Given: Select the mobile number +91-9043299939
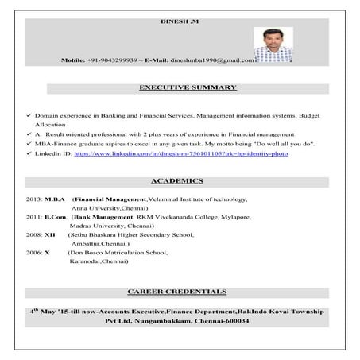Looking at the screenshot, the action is pyautogui.click(x=114, y=60).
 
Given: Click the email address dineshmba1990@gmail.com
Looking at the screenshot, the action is pyautogui.click(x=217, y=60).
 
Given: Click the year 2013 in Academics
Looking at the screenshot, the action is pyautogui.click(x=33, y=199).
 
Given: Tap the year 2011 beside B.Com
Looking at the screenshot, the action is pyautogui.click(x=33, y=216).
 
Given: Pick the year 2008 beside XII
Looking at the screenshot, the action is pyautogui.click(x=33, y=234).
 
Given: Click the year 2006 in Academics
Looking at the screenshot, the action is pyautogui.click(x=33, y=252).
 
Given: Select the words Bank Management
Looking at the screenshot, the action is pyautogui.click(x=99, y=216).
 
